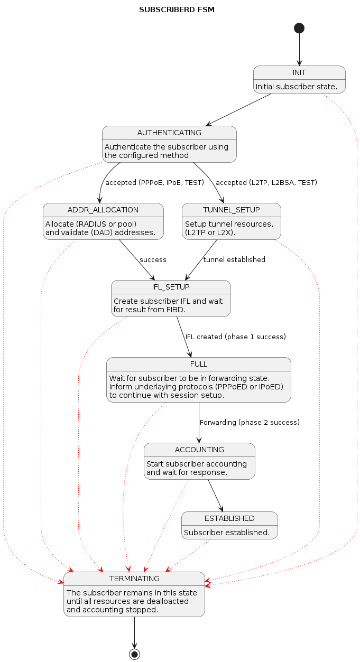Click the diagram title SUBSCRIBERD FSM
pyautogui.click(x=177, y=10)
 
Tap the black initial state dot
pyautogui.click(x=299, y=28)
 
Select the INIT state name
pyautogui.click(x=299, y=72)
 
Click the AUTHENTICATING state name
pyautogui.click(x=169, y=133)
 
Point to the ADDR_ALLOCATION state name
pyautogui.click(x=103, y=210)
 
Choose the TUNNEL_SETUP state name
pyautogui.click(x=232, y=210)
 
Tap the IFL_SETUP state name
pyautogui.click(x=171, y=287)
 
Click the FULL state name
pyautogui.click(x=199, y=364)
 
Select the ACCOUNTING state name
pyautogui.click(x=199, y=450)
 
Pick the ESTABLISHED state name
pyautogui.click(x=229, y=518)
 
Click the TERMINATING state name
pyautogui.click(x=134, y=579)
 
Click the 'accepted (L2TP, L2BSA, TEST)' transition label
pyautogui.click(x=266, y=183)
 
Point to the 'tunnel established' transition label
pyautogui.click(x=234, y=260)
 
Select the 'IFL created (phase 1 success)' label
pyautogui.click(x=235, y=337)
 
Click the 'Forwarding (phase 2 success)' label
pyautogui.click(x=250, y=423)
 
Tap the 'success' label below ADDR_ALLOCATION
pyautogui.click(x=153, y=260)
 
